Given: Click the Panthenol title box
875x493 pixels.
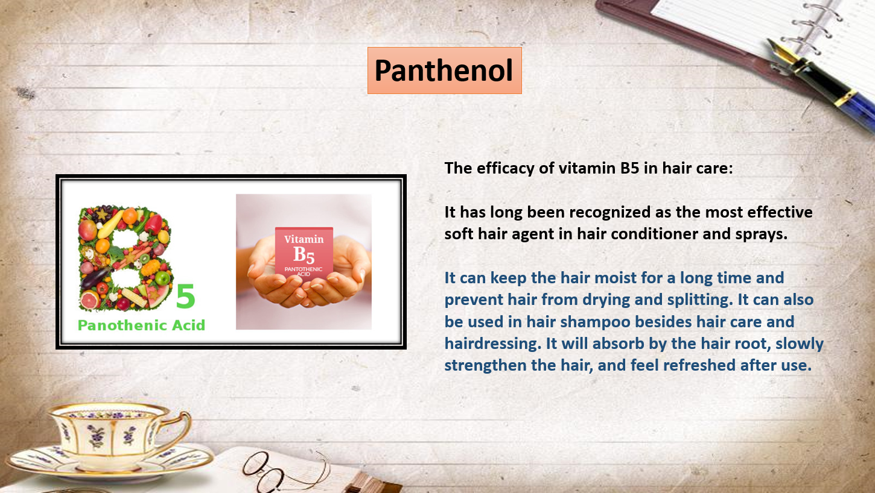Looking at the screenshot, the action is pyautogui.click(x=445, y=71).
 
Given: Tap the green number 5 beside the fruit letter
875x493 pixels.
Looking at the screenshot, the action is pyautogui.click(x=185, y=296).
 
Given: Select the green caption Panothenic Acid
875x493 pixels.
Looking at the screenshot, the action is pyautogui.click(x=141, y=325).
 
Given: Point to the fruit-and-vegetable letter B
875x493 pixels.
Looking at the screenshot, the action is pyautogui.click(x=125, y=258).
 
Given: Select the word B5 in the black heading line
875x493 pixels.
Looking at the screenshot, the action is pyautogui.click(x=629, y=168).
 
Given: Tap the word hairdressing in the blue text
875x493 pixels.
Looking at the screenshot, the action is pyautogui.click(x=493, y=344).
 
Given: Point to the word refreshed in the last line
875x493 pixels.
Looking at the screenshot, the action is pyautogui.click(x=699, y=365).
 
